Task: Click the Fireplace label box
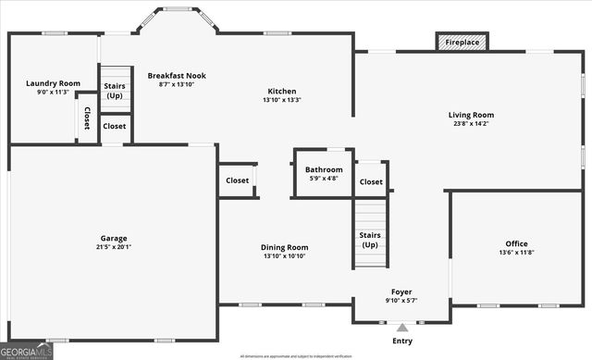click(x=462, y=43)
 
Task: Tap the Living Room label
click(x=471, y=115)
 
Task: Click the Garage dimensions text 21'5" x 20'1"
click(x=114, y=247)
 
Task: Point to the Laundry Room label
click(x=53, y=83)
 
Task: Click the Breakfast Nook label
click(x=177, y=75)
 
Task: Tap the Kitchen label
click(x=282, y=91)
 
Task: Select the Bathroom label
click(x=324, y=169)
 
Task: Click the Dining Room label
click(x=284, y=247)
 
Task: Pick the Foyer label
click(x=401, y=292)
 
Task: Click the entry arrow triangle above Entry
click(x=401, y=327)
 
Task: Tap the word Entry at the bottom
click(x=401, y=341)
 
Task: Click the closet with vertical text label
click(x=87, y=118)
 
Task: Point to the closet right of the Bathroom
click(x=371, y=181)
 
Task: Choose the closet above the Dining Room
click(x=237, y=180)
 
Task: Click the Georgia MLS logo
click(x=27, y=350)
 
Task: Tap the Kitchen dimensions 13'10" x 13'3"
click(x=282, y=100)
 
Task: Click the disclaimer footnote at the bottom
click(x=296, y=355)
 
